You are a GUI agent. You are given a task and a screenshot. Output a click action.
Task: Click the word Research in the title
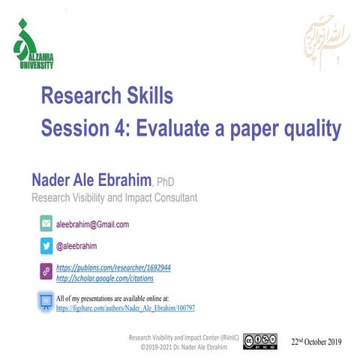[x=80, y=96]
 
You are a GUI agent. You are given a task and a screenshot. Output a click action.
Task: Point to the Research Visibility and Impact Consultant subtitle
[x=113, y=198]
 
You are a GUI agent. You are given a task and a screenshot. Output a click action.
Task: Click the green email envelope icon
[x=46, y=223]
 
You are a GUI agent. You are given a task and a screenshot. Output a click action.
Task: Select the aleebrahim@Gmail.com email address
[x=93, y=224]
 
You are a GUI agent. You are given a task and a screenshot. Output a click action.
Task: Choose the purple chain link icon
[x=46, y=272]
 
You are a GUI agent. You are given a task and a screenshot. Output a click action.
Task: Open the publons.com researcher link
[x=114, y=267]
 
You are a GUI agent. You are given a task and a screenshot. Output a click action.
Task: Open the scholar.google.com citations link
[x=105, y=278]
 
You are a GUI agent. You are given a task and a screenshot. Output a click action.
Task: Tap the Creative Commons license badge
[x=260, y=342]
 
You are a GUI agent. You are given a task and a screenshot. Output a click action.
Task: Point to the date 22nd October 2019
[x=316, y=342]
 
